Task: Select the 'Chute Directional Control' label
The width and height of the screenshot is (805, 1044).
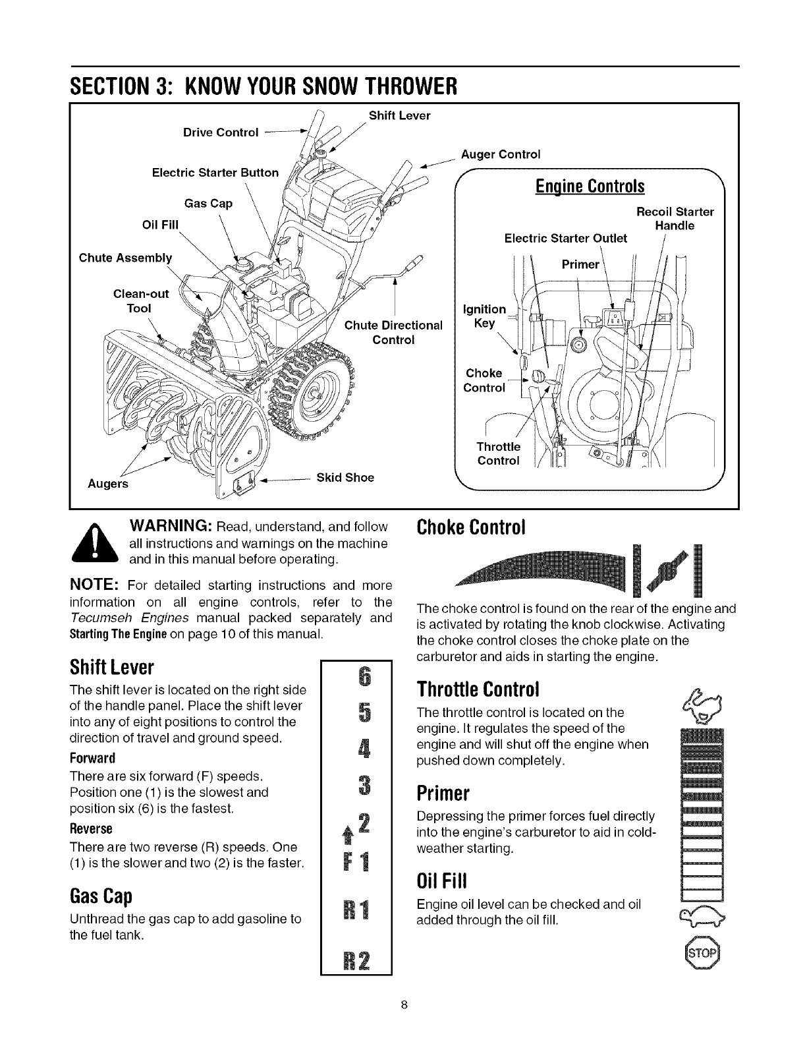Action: (394, 333)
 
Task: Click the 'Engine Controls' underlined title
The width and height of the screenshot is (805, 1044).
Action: (590, 187)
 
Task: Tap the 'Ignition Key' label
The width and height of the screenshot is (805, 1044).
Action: (485, 316)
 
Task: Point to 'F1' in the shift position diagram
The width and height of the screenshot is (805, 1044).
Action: (358, 862)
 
